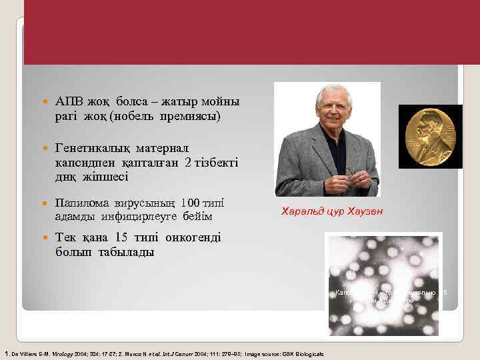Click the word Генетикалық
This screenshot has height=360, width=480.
[93, 147]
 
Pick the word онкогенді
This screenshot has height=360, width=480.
[186, 238]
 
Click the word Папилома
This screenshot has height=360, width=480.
[81, 202]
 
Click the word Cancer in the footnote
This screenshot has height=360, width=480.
[201, 353]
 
